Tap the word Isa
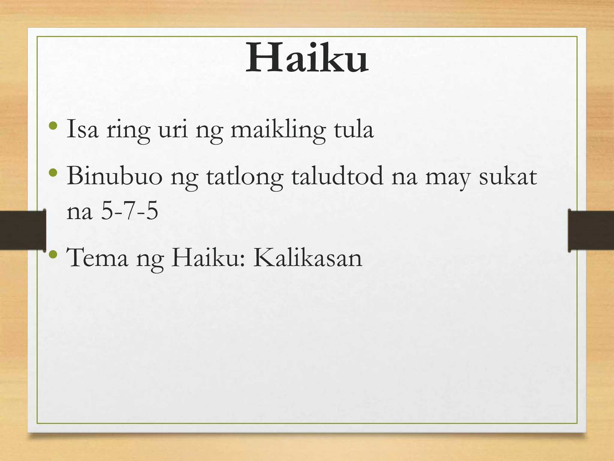pyautogui.click(x=82, y=130)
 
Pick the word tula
pyautogui.click(x=353, y=130)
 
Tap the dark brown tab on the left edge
pyautogui.click(x=22, y=230)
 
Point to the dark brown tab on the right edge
pyautogui.click(x=591, y=230)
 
